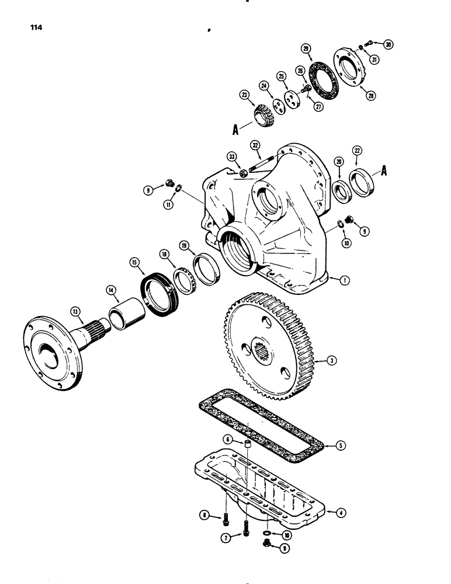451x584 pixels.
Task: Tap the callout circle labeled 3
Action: coord(331,361)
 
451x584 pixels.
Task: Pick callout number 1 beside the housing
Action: coord(345,281)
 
